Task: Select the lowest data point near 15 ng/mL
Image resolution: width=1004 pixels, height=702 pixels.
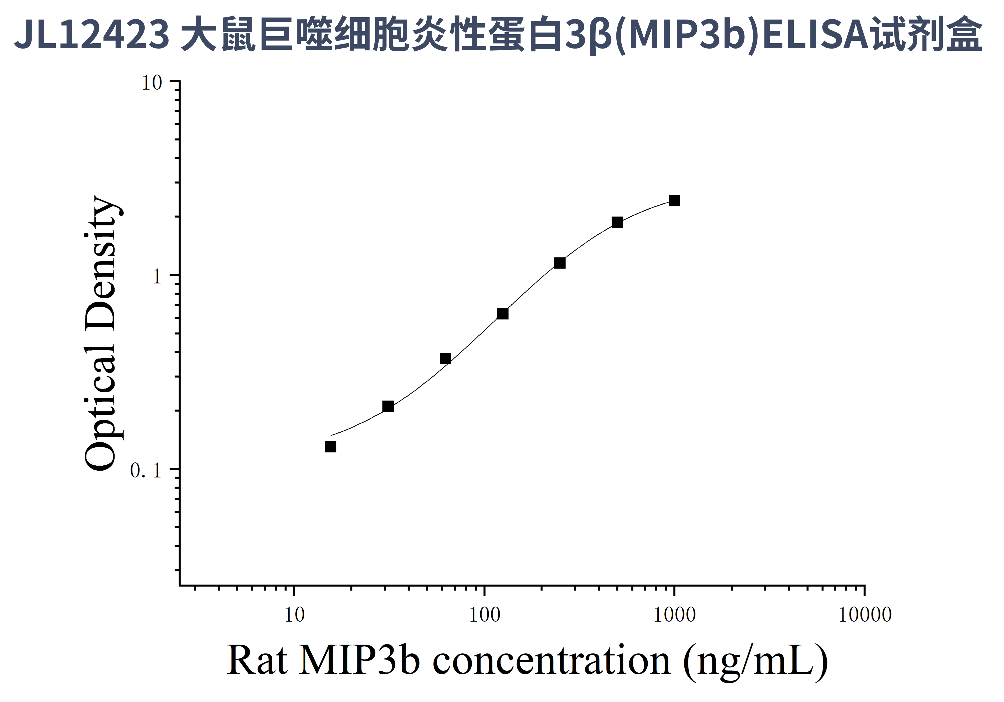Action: click(x=331, y=447)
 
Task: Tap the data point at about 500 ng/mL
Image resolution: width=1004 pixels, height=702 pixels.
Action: click(x=617, y=222)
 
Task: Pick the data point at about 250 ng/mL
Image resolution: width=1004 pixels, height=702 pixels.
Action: click(x=560, y=263)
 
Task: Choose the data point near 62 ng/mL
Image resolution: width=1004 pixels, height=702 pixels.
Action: click(x=445, y=359)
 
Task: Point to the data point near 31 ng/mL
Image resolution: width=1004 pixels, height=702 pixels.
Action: click(x=388, y=406)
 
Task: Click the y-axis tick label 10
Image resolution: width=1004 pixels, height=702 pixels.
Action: click(x=152, y=83)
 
